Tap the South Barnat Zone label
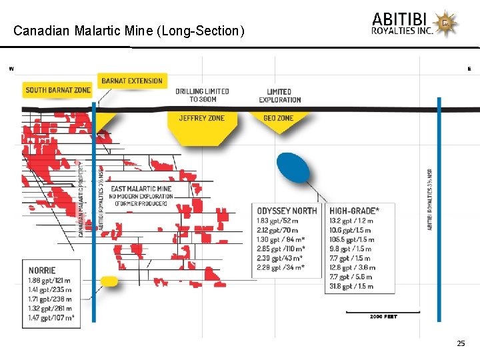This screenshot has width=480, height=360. tap(57, 90)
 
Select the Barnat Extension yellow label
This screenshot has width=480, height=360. tap(132, 81)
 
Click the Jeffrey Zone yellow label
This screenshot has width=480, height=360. tap(202, 118)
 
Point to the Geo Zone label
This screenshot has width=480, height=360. tap(279, 118)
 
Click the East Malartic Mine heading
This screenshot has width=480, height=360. tap(141, 189)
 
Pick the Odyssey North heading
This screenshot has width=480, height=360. tap(287, 211)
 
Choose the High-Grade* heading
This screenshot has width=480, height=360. tap(354, 211)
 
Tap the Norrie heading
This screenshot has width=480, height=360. tap(42, 271)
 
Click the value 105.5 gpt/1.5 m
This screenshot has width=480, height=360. tap(352, 239)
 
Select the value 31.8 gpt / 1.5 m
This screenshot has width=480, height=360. tap(351, 286)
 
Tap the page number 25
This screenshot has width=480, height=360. tap(461, 343)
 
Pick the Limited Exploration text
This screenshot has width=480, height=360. tap(279, 95)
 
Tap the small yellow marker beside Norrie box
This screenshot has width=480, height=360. tap(109, 281)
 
